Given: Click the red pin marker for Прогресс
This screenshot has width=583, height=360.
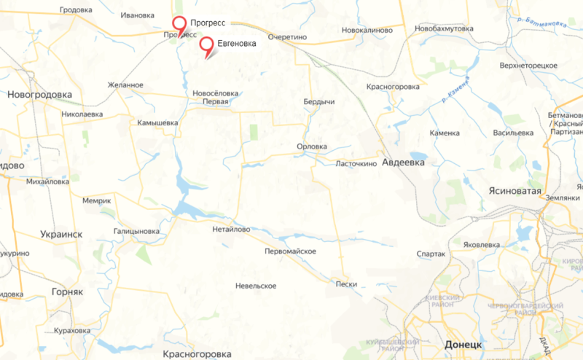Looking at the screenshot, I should (179, 24).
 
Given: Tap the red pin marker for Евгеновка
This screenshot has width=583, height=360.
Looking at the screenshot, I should (207, 45).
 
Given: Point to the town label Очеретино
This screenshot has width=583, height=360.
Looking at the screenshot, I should (290, 35).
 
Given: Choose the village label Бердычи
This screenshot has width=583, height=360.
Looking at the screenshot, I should (318, 102).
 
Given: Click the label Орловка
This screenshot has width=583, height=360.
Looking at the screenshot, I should (312, 146).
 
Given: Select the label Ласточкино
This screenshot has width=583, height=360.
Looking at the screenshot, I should (356, 164).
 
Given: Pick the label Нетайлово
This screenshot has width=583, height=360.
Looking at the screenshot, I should (230, 229).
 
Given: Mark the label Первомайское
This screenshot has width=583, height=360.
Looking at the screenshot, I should (290, 251).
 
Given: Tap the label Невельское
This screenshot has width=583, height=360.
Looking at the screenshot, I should (256, 286).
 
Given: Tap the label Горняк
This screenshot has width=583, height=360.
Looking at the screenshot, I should (68, 291).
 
